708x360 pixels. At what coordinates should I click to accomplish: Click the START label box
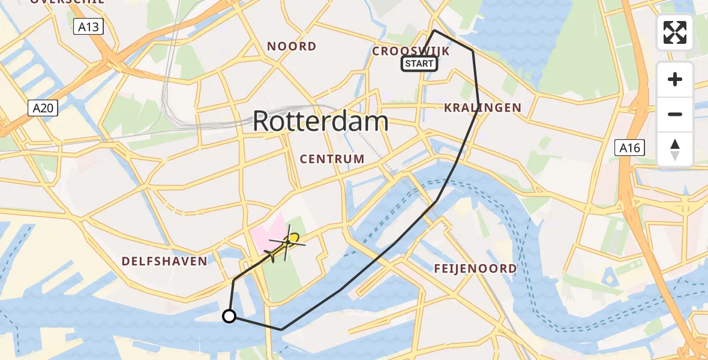[x=419, y=64]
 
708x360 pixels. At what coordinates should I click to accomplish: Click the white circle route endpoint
[x=229, y=316]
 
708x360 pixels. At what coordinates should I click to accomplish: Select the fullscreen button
[x=675, y=32]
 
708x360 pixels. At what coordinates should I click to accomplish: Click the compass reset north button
[x=675, y=149]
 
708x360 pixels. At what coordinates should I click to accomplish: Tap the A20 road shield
[x=42, y=108]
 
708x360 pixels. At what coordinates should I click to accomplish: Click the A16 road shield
[x=630, y=148]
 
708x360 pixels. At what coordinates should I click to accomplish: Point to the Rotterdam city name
[x=320, y=121]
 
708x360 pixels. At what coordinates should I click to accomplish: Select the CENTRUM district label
[x=332, y=159]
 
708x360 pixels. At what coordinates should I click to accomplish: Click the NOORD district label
[x=292, y=46]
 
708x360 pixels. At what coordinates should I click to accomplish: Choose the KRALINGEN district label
[x=482, y=108]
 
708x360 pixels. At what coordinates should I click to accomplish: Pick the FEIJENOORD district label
[x=475, y=268]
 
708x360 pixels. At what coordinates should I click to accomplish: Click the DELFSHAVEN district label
[x=164, y=261]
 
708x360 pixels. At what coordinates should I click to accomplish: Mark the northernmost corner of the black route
[x=434, y=30]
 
